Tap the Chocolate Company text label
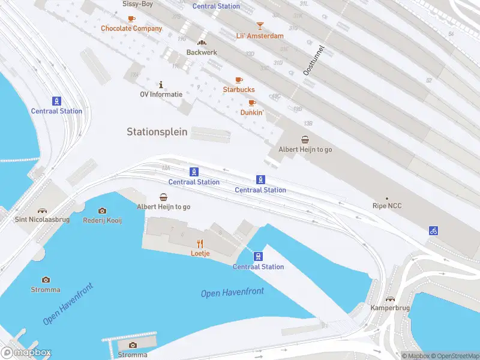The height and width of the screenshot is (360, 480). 131,28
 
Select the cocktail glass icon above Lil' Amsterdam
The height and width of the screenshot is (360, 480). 260,25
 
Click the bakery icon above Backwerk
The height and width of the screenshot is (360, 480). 202,42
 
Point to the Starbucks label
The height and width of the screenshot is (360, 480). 239,89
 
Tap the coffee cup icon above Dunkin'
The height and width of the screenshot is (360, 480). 252,103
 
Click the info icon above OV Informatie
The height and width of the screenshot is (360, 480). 161,84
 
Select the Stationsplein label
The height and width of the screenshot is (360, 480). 157,131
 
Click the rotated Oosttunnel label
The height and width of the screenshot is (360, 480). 313,60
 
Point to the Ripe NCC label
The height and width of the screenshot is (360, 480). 387,206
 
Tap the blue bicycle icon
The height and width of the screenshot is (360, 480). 433,230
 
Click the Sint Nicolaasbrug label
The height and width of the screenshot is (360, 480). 42,220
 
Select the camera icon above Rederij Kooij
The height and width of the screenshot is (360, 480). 102,211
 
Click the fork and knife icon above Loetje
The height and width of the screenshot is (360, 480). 200,243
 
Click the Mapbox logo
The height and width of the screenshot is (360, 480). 26,353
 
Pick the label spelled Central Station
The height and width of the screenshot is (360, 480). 216,6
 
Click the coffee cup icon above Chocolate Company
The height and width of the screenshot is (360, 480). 131,19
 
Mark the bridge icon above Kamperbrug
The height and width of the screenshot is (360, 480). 390,298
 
